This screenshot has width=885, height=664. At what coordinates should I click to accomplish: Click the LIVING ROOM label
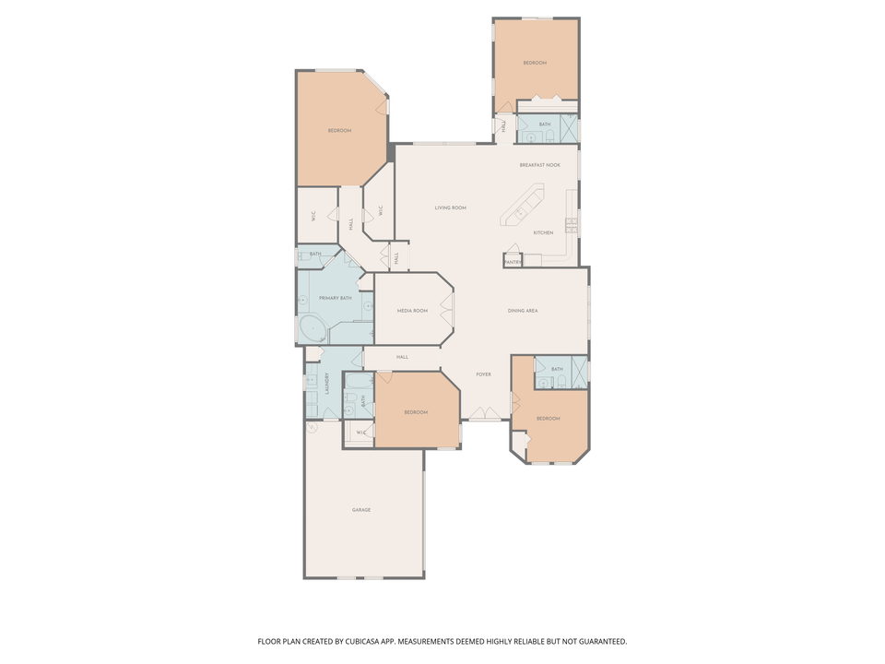click(x=451, y=208)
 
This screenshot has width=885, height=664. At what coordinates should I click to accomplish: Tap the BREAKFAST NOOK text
click(x=539, y=165)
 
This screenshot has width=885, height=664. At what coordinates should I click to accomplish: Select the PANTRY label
click(x=513, y=263)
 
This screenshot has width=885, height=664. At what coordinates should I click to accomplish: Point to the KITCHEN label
click(x=543, y=233)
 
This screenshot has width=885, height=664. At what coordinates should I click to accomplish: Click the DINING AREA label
click(x=523, y=312)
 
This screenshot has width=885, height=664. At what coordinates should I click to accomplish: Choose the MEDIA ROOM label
click(x=412, y=312)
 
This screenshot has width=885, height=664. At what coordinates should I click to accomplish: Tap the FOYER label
click(x=483, y=375)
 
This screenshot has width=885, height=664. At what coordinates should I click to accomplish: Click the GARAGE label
click(x=361, y=510)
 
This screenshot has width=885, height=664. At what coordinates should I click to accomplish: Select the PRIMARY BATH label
click(x=335, y=299)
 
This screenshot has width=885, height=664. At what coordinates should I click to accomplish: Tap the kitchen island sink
click(x=521, y=213)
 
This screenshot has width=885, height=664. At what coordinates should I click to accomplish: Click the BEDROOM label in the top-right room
click(x=535, y=63)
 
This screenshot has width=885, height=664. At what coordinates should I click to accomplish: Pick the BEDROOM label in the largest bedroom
click(x=339, y=131)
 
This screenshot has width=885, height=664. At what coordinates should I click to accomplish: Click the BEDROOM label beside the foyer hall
click(x=416, y=412)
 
